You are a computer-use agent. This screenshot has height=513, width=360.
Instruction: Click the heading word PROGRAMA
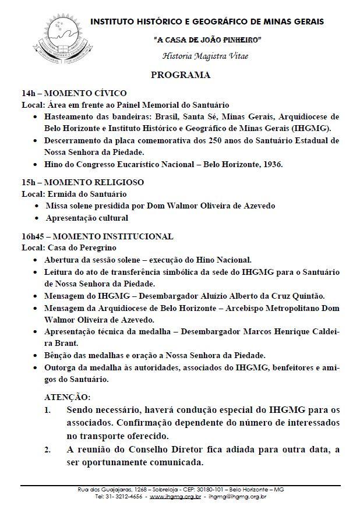point(180,76)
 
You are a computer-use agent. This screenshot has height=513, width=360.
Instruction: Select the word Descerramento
point(75,141)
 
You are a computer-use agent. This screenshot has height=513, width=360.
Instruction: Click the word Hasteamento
point(71,116)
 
